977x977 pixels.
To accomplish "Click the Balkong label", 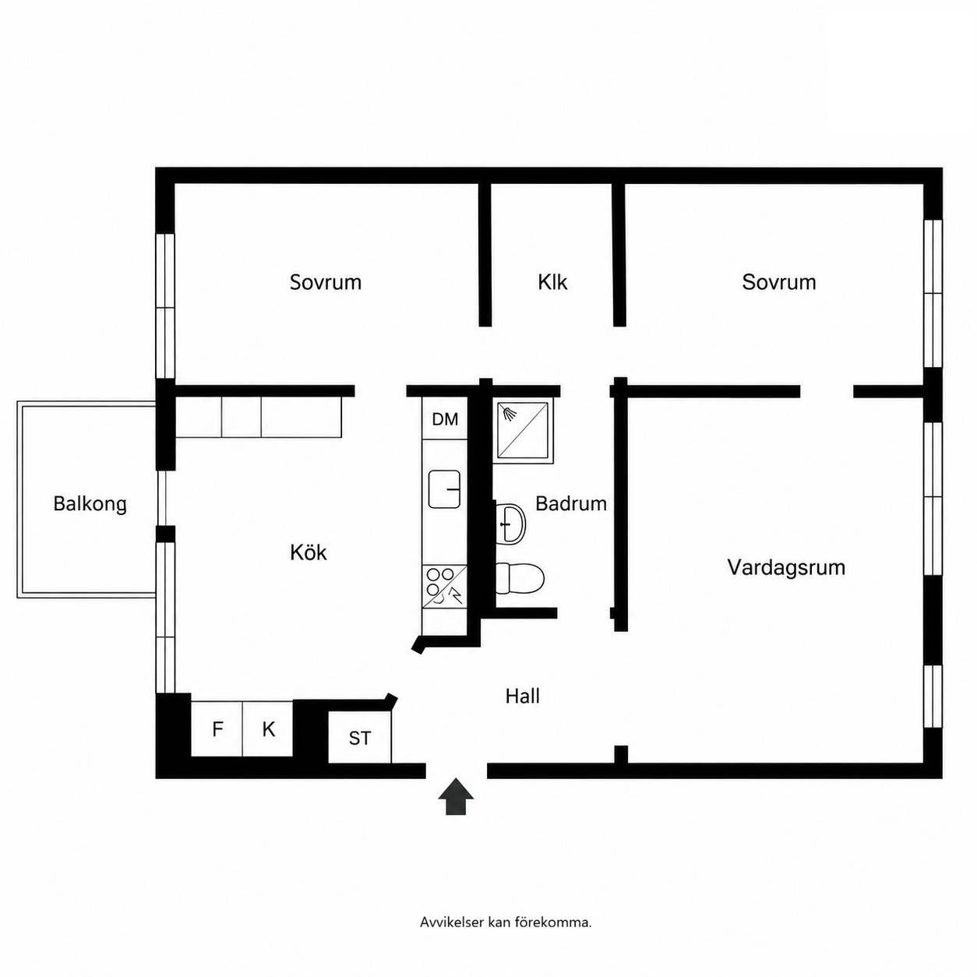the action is [x=90, y=504].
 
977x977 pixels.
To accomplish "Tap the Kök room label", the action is [x=309, y=552].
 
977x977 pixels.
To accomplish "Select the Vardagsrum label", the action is [x=786, y=567].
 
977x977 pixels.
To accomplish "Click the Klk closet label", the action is [x=552, y=282].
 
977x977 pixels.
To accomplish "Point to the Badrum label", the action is [x=571, y=503].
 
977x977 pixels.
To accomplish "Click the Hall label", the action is [x=522, y=696].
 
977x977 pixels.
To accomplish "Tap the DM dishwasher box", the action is [x=445, y=418].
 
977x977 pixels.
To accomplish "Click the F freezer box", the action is [x=217, y=729].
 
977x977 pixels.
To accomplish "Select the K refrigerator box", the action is [x=268, y=729].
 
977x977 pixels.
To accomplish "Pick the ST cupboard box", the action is [x=360, y=738].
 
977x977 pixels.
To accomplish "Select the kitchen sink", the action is [x=445, y=489].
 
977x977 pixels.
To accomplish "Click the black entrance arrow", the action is [x=456, y=796].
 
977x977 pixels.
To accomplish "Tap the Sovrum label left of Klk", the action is [x=326, y=282].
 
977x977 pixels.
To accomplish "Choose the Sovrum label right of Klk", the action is [x=779, y=282].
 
